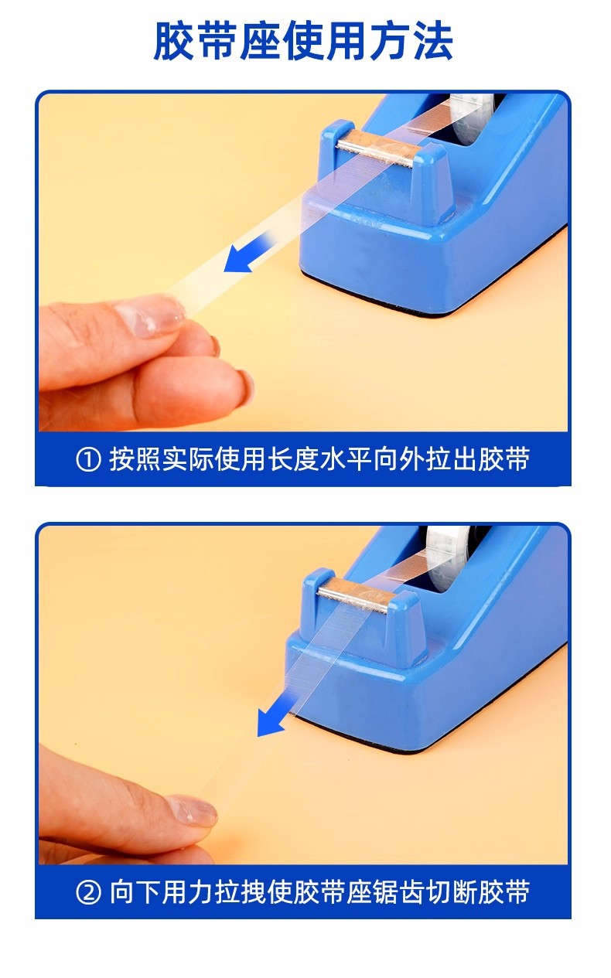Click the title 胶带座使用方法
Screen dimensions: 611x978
(x=303, y=42)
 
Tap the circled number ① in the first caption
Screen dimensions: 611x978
(x=89, y=460)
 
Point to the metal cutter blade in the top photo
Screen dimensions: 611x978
(x=379, y=149)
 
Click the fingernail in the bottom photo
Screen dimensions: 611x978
(x=192, y=811)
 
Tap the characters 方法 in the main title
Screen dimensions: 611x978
(x=411, y=42)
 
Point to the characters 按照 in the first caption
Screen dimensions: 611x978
(x=135, y=459)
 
